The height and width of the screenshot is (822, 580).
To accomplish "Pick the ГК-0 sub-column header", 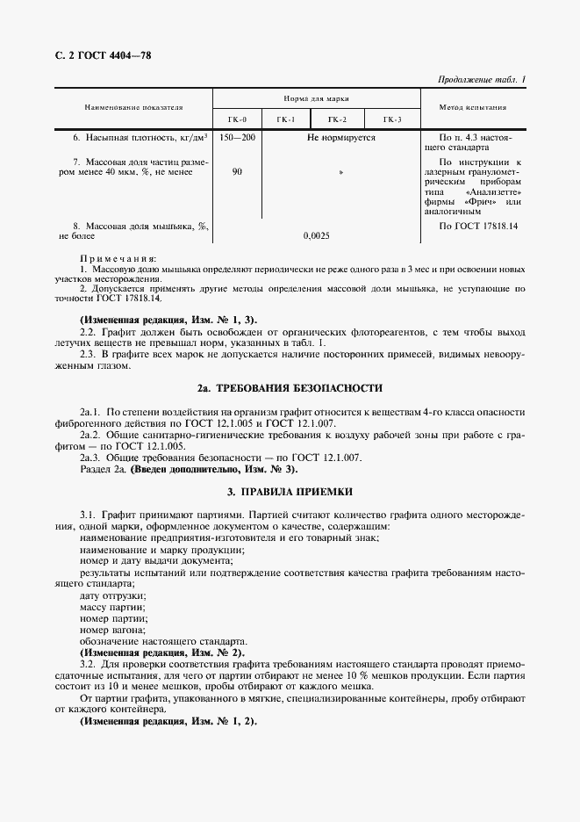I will pos(237,119).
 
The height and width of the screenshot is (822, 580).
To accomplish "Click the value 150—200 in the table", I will pos(237,138).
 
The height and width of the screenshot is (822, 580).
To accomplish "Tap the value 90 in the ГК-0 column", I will pos(237,172).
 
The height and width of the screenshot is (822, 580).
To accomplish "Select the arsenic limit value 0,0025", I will pos(316,235).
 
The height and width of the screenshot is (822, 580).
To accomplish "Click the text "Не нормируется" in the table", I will pos(340,138).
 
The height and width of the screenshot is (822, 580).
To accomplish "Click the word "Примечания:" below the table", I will pos(118,259).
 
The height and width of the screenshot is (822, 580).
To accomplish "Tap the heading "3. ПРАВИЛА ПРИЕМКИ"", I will pos(290,494).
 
